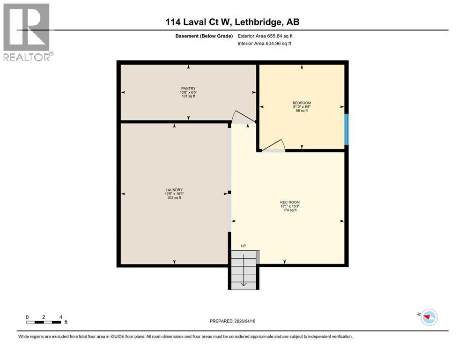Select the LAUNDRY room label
tap(174, 190)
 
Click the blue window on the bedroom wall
tap(346, 129)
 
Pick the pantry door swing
tap(243, 118)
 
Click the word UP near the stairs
tap(243, 246)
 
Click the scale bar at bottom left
tap(44, 322)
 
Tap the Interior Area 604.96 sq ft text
tap(264, 44)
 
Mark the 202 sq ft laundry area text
tap(174, 197)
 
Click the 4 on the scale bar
tap(60, 317)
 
